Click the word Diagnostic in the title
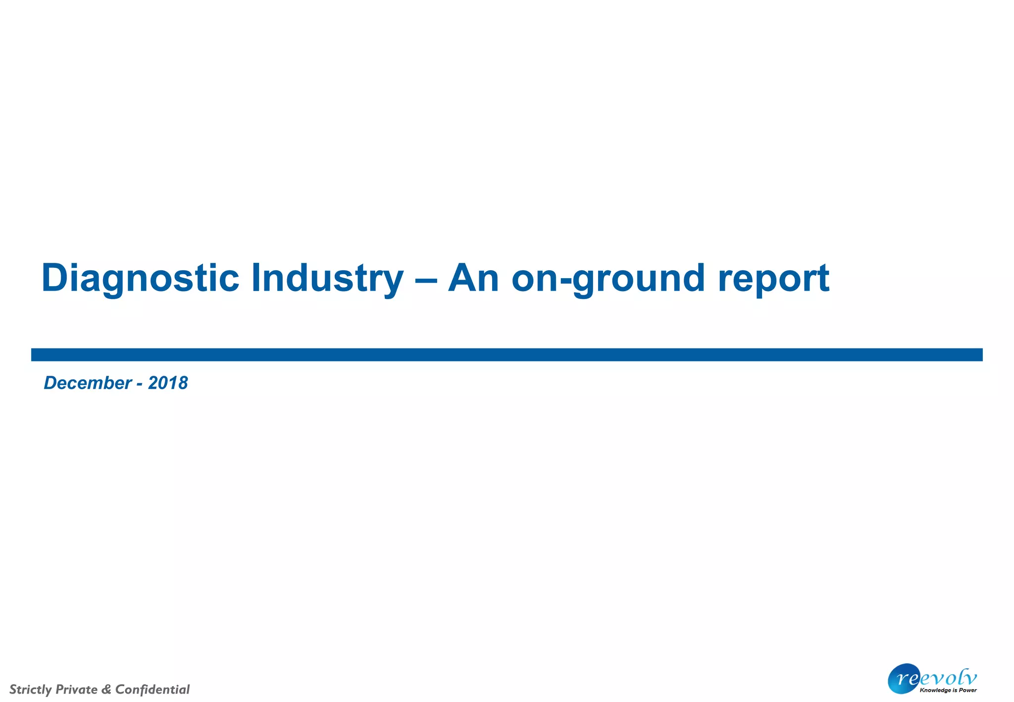click(140, 278)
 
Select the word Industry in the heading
click(327, 278)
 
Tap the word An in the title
click(473, 278)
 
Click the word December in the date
click(88, 383)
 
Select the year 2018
click(168, 383)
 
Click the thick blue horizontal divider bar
click(507, 354)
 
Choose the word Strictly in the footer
click(31, 689)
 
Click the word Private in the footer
click(77, 689)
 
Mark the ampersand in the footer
click(106, 689)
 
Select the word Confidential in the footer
click(152, 689)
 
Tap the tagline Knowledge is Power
click(948, 690)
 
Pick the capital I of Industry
click(256, 278)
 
